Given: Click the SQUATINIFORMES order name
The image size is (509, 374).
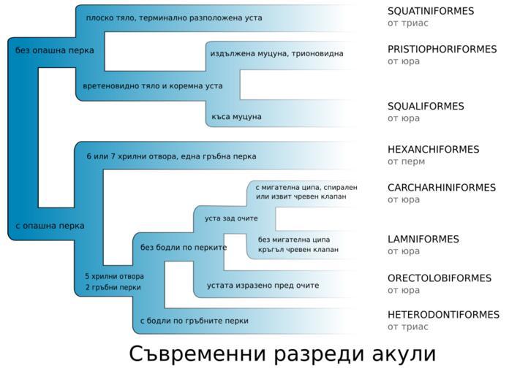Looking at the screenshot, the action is coord(431,11).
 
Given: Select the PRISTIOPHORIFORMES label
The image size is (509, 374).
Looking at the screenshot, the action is coord(442,49).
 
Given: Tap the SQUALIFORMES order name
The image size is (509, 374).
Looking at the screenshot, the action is coord(426,107).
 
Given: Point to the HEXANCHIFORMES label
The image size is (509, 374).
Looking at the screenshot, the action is coord(434,150).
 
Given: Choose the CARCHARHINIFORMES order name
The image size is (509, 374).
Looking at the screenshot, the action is coord(442,188).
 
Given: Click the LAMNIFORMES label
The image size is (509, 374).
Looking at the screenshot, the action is coord(423,240).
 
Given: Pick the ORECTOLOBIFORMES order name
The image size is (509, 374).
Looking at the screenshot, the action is coord(440,278).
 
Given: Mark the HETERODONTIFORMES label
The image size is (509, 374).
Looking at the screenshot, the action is coord(443,315).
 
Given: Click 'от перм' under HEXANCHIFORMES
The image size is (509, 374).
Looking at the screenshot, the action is coord(406,161).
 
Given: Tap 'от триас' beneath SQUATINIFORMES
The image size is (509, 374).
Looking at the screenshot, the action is coord(408,23).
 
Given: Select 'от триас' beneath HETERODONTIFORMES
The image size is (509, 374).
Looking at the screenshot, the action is coord(408,327).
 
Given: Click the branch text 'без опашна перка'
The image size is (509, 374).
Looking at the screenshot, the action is coord(55,50).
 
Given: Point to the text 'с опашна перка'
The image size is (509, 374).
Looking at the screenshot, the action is coord(50,226).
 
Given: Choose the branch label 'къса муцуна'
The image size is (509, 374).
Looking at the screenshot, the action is coord(236,117).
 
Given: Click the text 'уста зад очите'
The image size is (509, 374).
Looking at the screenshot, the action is coord(231,218).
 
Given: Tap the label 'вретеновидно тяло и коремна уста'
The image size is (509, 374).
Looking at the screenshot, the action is coord(153,86).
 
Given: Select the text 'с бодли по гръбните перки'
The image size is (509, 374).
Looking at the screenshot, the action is coord(194,321).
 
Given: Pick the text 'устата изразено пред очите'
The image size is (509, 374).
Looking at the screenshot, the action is coord(263,286).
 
